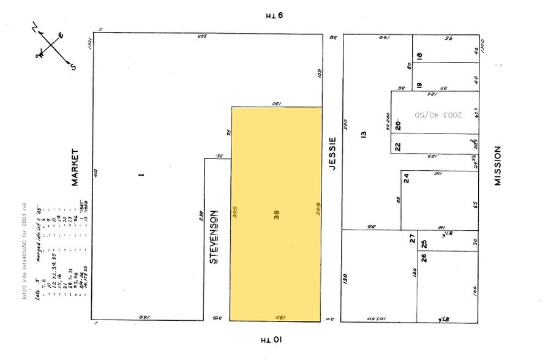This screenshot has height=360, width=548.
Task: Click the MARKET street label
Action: coord(76,167)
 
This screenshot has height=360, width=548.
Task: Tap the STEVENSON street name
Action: coord(214,238)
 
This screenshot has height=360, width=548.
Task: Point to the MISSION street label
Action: coord(498,165)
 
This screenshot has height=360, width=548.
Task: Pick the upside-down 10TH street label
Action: coord(271,339)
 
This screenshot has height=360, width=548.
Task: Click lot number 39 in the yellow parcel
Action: coord(277,215)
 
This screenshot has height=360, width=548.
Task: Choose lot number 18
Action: coord(420,56)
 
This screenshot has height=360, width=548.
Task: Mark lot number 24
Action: coord(406,178)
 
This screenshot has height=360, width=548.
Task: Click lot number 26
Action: coord(423,257)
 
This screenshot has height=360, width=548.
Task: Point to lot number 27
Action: coord(413,239)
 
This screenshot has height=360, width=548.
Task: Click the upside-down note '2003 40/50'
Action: coord(438,114)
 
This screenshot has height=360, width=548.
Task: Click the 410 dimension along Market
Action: coord(96,173)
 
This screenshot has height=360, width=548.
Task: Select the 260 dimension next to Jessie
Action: coord(346,124)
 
